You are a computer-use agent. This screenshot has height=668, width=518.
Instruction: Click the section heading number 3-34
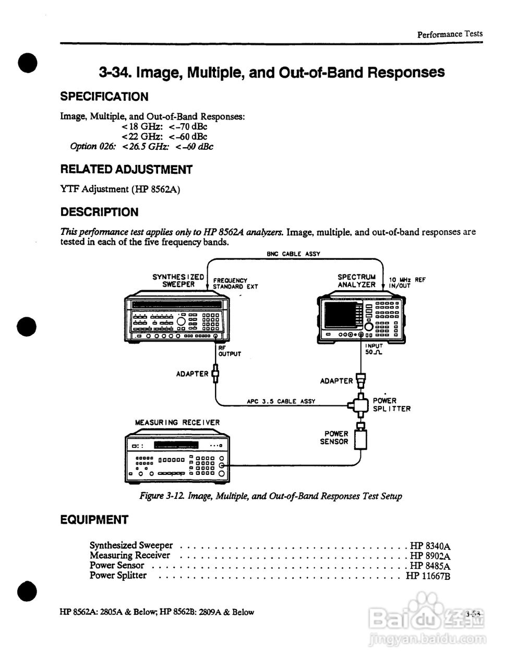[115, 72]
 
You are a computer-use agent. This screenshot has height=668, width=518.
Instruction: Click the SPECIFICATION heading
[104, 97]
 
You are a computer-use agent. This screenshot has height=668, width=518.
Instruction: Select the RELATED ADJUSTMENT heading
[126, 170]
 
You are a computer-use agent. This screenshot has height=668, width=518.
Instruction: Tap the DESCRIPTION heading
[100, 212]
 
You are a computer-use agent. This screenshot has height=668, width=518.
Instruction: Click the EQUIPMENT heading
[94, 520]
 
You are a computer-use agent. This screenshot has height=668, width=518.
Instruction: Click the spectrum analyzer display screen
[340, 315]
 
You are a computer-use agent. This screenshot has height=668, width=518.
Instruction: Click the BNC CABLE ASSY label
[293, 254]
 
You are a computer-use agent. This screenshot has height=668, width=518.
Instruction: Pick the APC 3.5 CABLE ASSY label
[281, 402]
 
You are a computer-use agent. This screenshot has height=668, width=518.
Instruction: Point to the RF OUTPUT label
[230, 351]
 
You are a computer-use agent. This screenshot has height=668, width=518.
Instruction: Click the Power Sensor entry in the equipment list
[117, 565]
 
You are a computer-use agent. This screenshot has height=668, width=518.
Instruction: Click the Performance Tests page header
[450, 34]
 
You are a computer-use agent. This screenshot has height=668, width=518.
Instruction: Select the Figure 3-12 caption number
[162, 496]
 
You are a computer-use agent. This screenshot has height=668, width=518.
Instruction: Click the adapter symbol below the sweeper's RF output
[214, 374]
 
